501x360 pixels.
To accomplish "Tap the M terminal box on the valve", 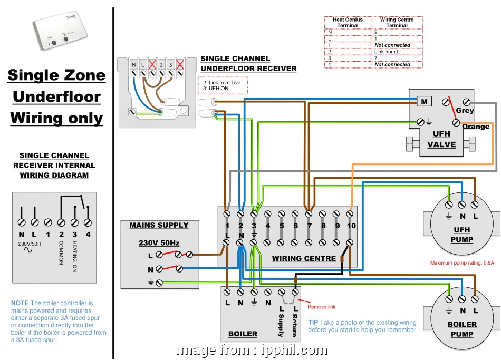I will (x=424, y=101).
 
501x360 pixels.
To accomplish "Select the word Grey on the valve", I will (x=465, y=111).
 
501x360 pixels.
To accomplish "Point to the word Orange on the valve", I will (x=475, y=127).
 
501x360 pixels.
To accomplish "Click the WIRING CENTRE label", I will (x=304, y=258).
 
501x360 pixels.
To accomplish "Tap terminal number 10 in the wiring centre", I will (x=351, y=226).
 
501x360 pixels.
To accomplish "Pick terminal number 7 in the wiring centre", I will (x=309, y=226).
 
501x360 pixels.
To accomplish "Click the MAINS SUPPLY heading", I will (x=159, y=225).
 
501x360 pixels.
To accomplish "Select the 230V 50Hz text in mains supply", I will (x=159, y=243).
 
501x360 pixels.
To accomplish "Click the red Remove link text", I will (x=321, y=307).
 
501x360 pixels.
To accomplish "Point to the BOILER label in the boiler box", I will (x=243, y=334).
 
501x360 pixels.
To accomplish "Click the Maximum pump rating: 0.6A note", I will (x=462, y=263).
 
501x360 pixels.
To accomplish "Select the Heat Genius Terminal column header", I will (x=348, y=22).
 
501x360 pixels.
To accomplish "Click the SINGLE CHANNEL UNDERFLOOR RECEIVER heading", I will (x=248, y=64).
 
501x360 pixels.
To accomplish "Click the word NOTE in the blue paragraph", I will (x=20, y=303).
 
